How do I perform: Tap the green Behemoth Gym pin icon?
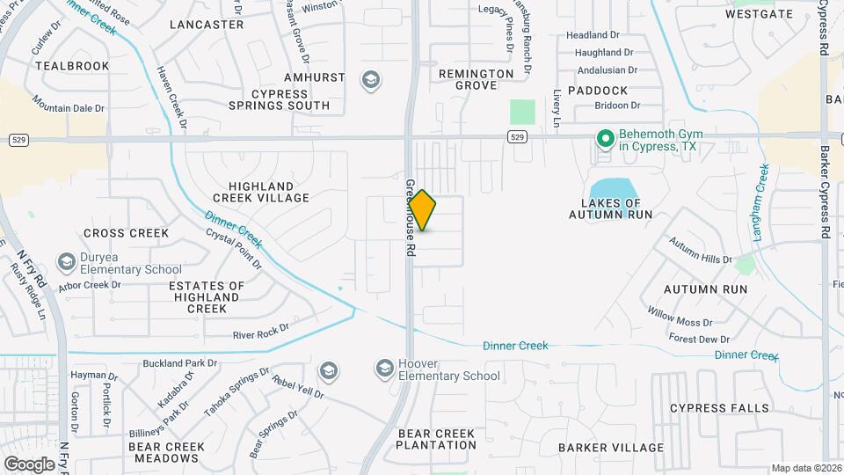(x=605, y=138)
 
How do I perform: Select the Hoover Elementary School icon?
(x=384, y=369)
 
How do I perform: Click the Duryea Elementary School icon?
(x=66, y=262)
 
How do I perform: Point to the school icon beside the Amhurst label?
(x=371, y=81)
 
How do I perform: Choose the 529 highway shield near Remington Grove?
(x=517, y=136)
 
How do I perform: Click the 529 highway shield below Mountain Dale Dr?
(x=18, y=139)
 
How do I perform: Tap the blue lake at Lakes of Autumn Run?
(x=612, y=189)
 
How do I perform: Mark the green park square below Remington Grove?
(x=523, y=113)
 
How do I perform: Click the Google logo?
(x=29, y=464)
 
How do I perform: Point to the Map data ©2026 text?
(x=806, y=468)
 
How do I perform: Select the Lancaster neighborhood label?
(x=207, y=25)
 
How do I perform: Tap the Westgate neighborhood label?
(x=760, y=14)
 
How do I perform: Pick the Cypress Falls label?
(x=719, y=408)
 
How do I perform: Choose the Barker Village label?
(x=611, y=448)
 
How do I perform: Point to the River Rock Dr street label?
(x=261, y=334)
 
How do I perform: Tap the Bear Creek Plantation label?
(x=436, y=440)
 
